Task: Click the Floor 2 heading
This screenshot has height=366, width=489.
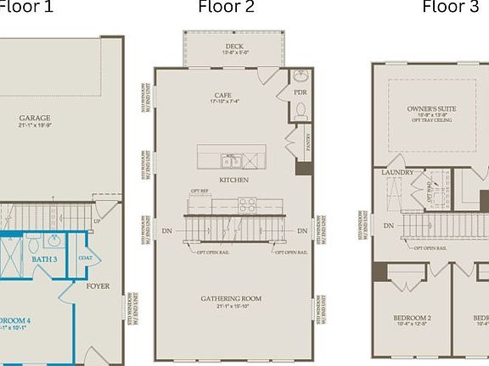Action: pyautogui.click(x=226, y=8)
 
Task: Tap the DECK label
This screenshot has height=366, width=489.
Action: pyautogui.click(x=234, y=47)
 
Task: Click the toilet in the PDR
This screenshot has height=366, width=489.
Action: pyautogui.click(x=300, y=109)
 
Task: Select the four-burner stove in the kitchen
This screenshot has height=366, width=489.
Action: pyautogui.click(x=247, y=204)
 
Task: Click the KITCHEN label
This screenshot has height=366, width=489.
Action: pyautogui.click(x=233, y=180)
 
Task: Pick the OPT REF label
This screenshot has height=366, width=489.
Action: pyautogui.click(x=200, y=191)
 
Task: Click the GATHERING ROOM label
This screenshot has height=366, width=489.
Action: pyautogui.click(x=231, y=298)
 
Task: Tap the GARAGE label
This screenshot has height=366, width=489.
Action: pyautogui.click(x=35, y=119)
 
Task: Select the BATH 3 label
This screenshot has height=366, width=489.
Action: pyautogui.click(x=44, y=259)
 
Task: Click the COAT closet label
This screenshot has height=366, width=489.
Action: pyautogui.click(x=85, y=258)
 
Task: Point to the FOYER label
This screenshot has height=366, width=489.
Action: pyautogui.click(x=98, y=286)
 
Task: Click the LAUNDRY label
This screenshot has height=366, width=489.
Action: pyautogui.click(x=397, y=173)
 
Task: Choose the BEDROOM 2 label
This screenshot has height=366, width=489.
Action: pyautogui.click(x=412, y=318)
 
